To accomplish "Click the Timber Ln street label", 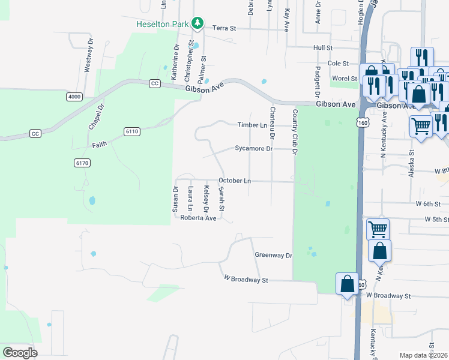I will tap(252, 125).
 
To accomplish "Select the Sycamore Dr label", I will tap(253, 148).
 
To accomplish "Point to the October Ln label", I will tap(234, 181).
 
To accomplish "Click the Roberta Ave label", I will tap(198, 218).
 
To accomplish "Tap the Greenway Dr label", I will tap(273, 255).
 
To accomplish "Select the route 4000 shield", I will tap(74, 97).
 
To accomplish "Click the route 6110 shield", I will tap(132, 131).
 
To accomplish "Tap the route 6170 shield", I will tap(82, 163).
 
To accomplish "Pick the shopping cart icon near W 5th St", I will tap(378, 229).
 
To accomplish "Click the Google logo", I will tap(20, 353).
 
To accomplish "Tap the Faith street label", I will tap(100, 145).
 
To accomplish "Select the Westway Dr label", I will tap(88, 56).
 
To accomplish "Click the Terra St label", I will tap(225, 28).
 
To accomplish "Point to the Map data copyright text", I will tap(424, 355).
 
